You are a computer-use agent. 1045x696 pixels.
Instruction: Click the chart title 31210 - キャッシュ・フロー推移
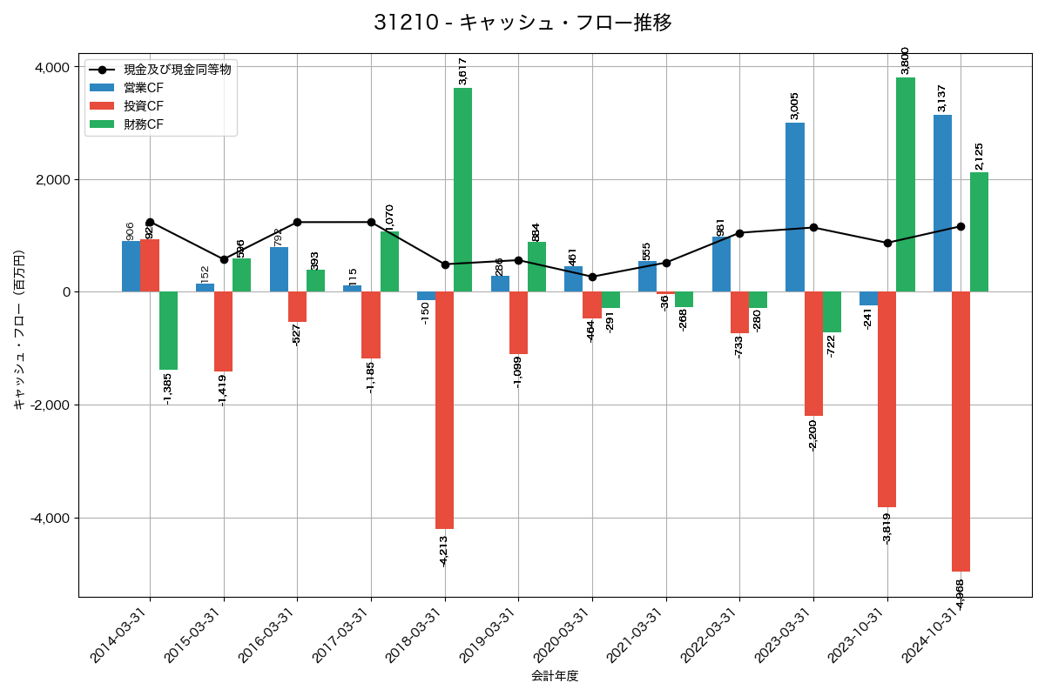point(522,23)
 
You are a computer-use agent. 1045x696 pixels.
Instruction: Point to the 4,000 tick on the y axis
point(52,67)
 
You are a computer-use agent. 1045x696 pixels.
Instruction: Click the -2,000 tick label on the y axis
point(50,405)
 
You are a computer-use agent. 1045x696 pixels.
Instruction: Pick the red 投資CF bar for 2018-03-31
point(444,410)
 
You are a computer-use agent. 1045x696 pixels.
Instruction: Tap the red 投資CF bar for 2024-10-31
point(961,431)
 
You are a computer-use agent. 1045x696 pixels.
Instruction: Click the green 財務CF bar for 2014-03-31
point(168,331)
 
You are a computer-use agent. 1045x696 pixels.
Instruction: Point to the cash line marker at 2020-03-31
point(592,277)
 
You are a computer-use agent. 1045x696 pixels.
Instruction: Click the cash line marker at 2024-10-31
point(961,226)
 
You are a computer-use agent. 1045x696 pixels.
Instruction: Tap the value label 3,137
point(941,97)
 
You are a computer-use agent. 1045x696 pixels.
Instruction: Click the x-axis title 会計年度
point(555,676)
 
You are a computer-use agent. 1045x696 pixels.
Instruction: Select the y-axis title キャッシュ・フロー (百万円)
point(19,331)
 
